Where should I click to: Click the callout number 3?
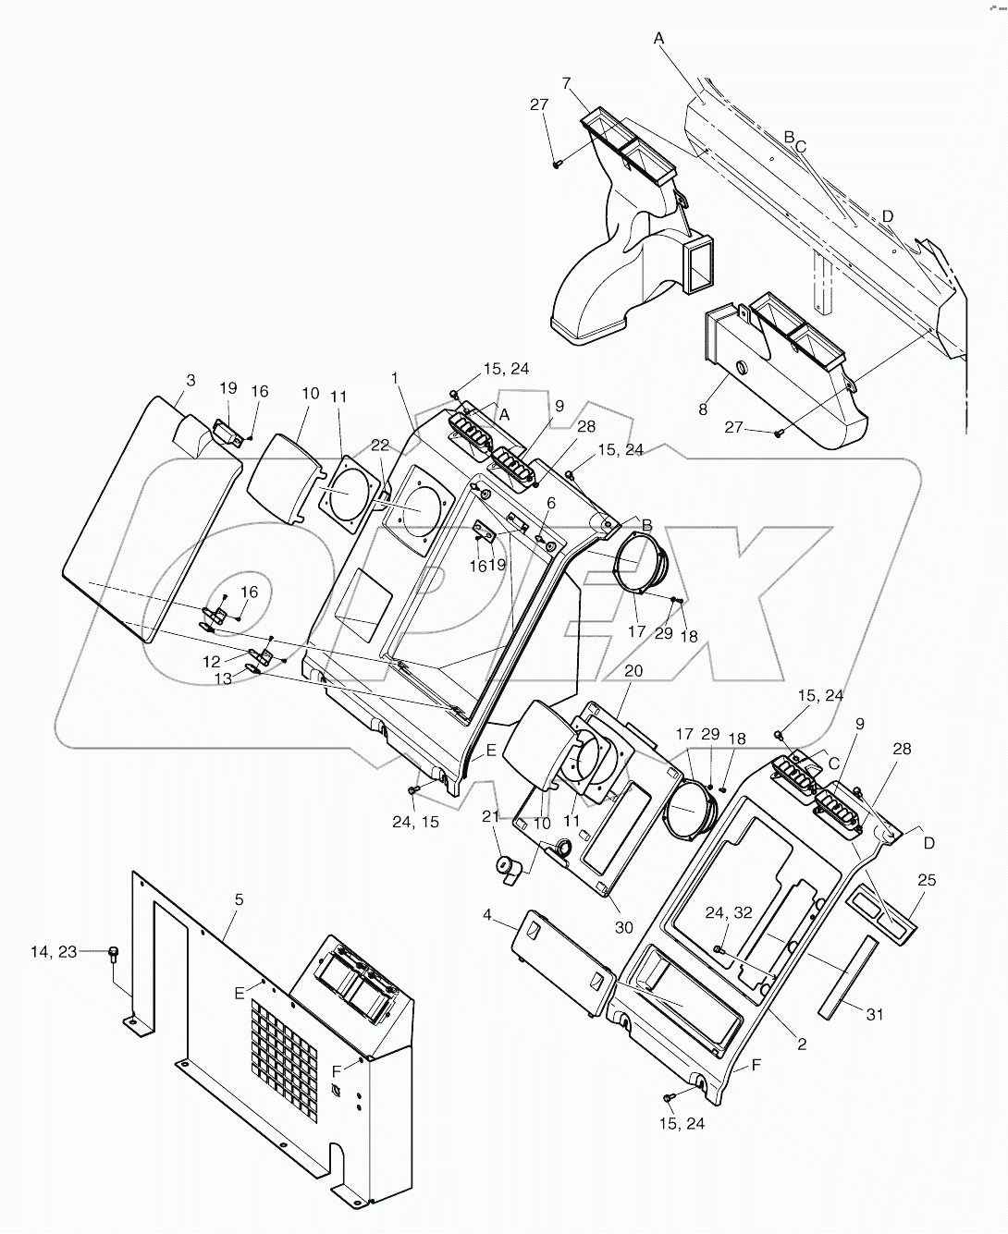pyautogui.click(x=191, y=380)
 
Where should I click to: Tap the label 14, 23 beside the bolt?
pyautogui.click(x=80, y=950)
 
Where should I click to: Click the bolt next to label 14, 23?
pyautogui.click(x=114, y=953)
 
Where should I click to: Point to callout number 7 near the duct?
pyautogui.click(x=565, y=84)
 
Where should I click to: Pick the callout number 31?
pyautogui.click(x=875, y=1014)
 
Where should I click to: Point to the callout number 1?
pyautogui.click(x=395, y=378)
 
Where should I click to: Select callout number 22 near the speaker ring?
pyautogui.click(x=380, y=446)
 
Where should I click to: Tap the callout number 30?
pyautogui.click(x=623, y=927)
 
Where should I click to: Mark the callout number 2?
pyautogui.click(x=802, y=1045)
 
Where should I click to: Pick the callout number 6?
pyautogui.click(x=550, y=502)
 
